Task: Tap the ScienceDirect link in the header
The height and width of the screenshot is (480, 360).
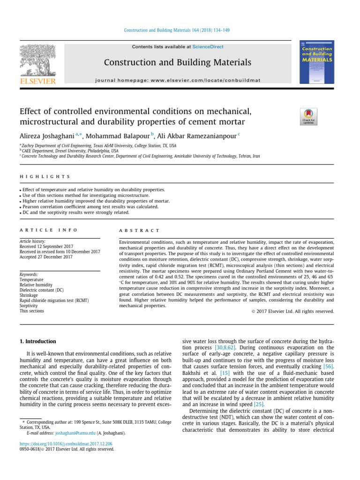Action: tap(208, 47)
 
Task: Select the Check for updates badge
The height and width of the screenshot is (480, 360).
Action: tap(308, 116)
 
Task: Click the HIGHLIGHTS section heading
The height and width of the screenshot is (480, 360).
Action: tap(45, 177)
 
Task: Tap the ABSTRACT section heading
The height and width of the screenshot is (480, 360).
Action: tap(140, 231)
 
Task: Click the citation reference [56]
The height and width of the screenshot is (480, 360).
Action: tap(328, 366)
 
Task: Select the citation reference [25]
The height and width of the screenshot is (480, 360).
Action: tap(259, 404)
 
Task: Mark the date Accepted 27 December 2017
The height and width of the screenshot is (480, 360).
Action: tap(46, 257)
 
